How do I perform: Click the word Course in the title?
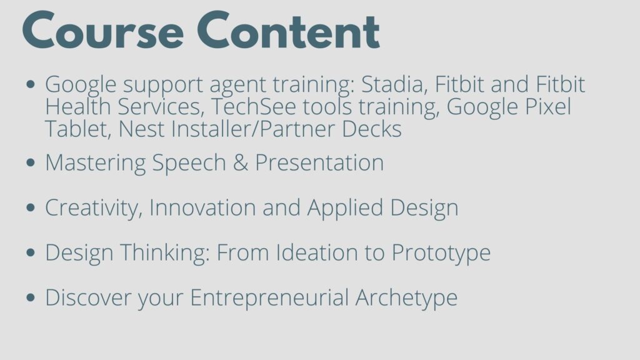(x=103, y=31)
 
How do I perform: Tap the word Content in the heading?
(x=289, y=31)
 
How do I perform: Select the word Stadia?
(x=395, y=84)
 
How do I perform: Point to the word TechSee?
(x=254, y=106)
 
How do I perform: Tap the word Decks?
(x=371, y=129)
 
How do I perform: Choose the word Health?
(x=77, y=106)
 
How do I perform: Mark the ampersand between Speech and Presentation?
(x=241, y=162)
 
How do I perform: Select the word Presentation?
(x=319, y=162)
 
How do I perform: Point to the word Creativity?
(x=94, y=208)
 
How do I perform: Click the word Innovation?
(x=202, y=207)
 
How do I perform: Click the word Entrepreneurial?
(x=269, y=298)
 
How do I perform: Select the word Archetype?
(x=406, y=298)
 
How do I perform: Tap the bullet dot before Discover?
(x=31, y=297)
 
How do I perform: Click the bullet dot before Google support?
(x=31, y=84)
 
